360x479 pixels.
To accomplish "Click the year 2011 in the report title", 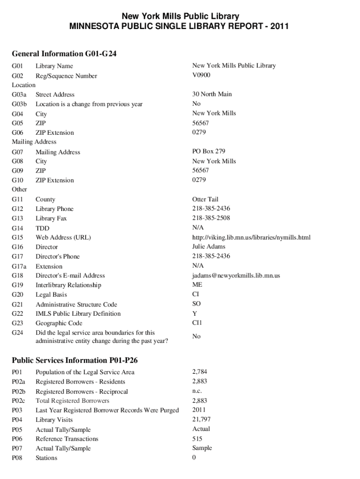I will (x=280, y=26).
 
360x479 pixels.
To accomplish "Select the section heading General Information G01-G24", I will (x=64, y=54).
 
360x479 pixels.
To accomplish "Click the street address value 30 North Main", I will (x=212, y=94).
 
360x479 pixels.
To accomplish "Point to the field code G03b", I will (x=19, y=104).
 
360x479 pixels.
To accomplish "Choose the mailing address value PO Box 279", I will (x=209, y=152).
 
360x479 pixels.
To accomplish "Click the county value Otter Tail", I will (x=205, y=199).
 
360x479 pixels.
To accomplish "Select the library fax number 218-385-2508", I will (x=211, y=218).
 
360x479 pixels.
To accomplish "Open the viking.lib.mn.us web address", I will (x=251, y=237).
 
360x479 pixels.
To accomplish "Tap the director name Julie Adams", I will (x=209, y=247).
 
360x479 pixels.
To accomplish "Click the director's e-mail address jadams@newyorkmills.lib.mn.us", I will (x=236, y=276).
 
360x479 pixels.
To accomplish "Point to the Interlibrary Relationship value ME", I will (x=197, y=284).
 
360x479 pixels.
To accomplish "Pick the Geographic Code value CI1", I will (x=197, y=323).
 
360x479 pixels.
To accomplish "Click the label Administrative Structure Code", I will (x=76, y=305).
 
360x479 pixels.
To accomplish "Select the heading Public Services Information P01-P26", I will (x=74, y=360).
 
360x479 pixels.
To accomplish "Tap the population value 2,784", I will (x=200, y=372).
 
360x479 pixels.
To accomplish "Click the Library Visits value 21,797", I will (x=201, y=420).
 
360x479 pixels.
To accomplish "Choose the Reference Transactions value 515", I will (x=197, y=439).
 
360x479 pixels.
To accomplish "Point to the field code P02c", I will (x=19, y=401).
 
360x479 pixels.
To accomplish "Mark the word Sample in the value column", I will (x=202, y=448).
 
